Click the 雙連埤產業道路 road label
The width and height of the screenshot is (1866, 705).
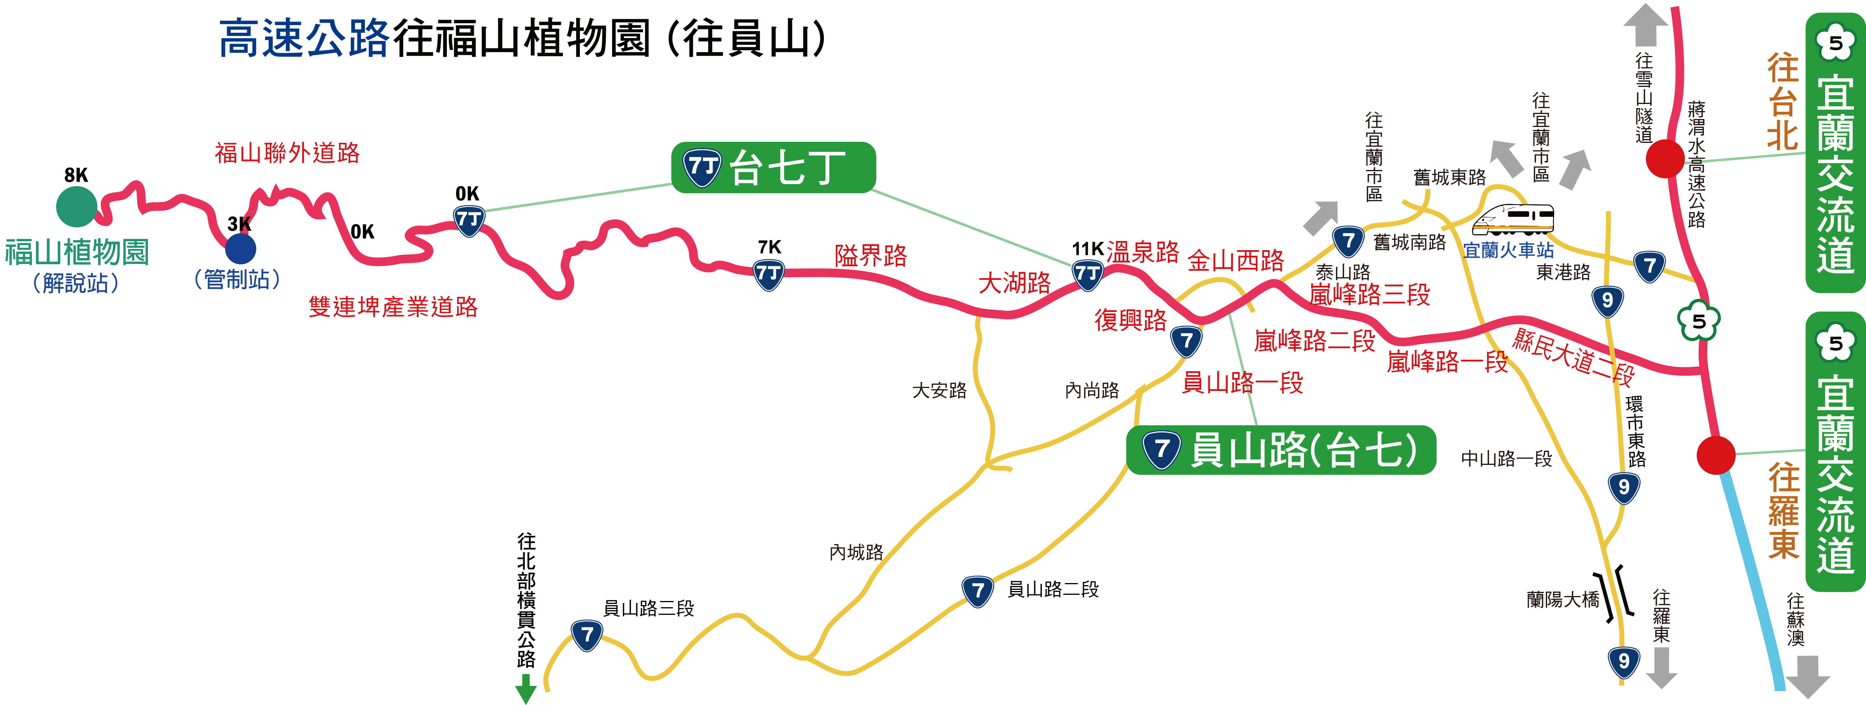pyautogui.click(x=393, y=306)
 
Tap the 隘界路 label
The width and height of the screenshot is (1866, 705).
pyautogui.click(x=871, y=256)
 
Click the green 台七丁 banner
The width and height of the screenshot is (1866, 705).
pyautogui.click(x=773, y=167)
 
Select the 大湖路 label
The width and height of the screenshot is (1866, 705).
pyautogui.click(x=1014, y=283)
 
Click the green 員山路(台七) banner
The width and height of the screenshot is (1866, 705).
pyautogui.click(x=1281, y=450)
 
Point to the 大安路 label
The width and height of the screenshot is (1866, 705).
pyautogui.click(x=940, y=391)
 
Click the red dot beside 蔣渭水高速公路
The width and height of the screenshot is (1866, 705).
pyautogui.click(x=1665, y=159)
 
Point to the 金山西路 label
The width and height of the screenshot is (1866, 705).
pyautogui.click(x=1236, y=260)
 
